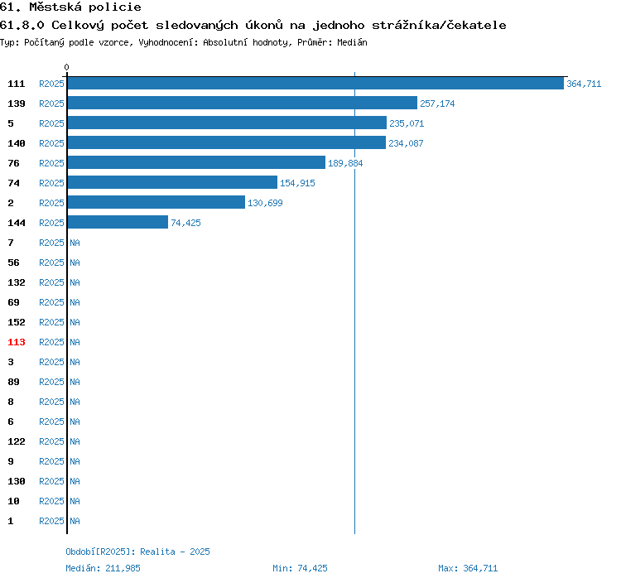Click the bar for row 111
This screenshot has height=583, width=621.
315,83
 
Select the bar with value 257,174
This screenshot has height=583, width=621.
243,103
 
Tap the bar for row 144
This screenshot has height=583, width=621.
118,222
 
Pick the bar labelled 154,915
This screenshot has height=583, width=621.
172,182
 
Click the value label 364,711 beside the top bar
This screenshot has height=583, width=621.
584,84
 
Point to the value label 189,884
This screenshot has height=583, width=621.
345,163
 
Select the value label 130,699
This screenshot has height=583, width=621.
265,203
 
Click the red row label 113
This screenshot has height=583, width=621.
17,342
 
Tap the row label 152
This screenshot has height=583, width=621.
17,322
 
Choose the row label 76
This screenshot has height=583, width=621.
13,163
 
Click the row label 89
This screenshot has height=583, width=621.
13,382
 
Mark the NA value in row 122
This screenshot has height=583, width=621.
75,441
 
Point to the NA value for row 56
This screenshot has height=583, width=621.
75,263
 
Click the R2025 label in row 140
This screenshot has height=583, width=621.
51,143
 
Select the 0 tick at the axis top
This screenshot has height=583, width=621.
66,67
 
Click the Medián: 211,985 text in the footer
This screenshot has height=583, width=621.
103,568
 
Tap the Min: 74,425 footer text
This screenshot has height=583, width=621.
300,568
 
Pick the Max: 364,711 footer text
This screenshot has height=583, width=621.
468,568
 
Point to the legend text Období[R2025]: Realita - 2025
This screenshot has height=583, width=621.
137,552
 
